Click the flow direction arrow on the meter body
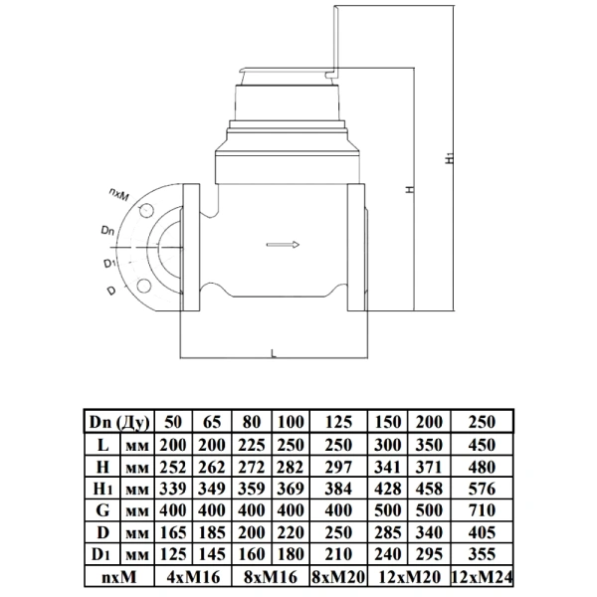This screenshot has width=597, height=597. [283, 245]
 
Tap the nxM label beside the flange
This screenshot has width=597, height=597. [119, 194]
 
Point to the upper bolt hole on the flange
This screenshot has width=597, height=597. [146, 211]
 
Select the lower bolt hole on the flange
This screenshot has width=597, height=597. [144, 286]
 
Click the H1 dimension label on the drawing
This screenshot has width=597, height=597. [450, 157]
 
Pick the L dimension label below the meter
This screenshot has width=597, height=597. [274, 354]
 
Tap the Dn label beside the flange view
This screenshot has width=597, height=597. [108, 231]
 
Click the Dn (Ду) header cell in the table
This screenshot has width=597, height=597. [119, 422]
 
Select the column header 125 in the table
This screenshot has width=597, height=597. [338, 422]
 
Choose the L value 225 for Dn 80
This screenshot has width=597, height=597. [252, 445]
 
